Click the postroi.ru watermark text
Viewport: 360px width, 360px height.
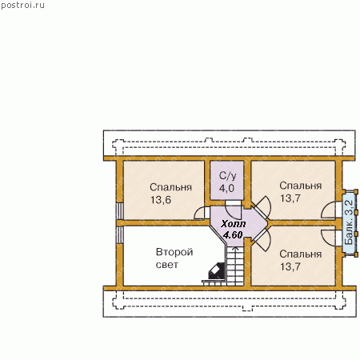(23, 6)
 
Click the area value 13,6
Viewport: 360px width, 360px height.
(161, 200)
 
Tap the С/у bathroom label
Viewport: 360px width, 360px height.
(227, 176)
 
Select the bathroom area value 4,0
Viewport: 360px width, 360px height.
(226, 188)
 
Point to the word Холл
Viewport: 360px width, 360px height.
(234, 224)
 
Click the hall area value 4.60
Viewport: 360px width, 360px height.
(233, 235)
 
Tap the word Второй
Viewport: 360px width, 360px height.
(174, 252)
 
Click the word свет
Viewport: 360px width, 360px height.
(166, 265)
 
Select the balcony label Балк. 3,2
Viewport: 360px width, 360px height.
(349, 222)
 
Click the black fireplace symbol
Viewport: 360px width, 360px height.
(217, 271)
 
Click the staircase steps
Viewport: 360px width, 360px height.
(235, 266)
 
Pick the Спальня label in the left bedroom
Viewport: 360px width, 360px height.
(170, 187)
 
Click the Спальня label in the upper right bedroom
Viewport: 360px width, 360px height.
(301, 186)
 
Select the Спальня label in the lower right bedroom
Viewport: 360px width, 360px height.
(301, 254)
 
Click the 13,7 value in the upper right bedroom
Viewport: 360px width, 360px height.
(290, 198)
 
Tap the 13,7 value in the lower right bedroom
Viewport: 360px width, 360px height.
(290, 266)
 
